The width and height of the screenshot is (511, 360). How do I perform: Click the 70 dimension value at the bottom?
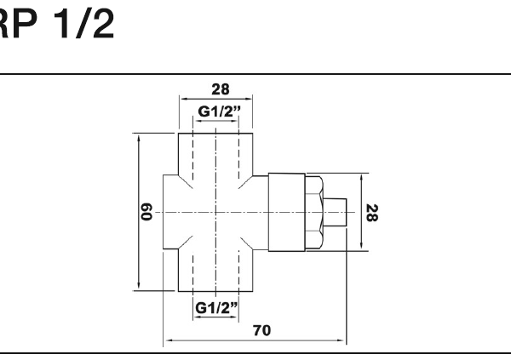(261, 330)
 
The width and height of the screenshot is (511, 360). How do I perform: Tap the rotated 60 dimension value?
(146, 211)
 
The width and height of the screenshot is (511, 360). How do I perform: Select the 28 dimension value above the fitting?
(221, 89)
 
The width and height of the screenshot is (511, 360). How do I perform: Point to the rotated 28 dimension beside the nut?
(372, 213)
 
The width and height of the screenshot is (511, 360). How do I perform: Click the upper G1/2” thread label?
(219, 111)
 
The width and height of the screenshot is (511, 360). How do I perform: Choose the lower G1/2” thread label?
(216, 308)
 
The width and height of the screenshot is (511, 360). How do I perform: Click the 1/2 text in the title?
(84, 24)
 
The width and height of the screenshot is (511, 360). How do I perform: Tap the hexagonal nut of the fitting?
(314, 213)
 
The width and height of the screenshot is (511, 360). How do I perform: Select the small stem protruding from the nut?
(335, 212)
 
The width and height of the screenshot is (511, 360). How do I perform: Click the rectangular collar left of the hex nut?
(287, 213)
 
